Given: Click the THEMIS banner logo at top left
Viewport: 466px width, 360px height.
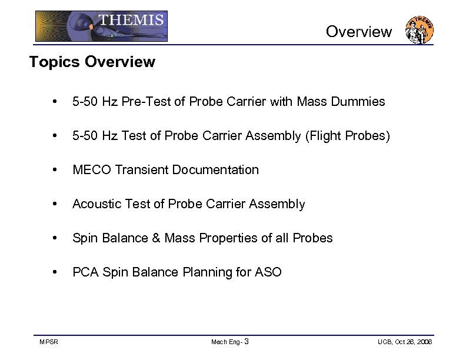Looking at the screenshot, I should (101, 26).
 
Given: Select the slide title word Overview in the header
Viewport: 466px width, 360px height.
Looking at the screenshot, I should (358, 32).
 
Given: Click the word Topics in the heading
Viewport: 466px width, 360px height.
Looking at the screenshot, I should (55, 62).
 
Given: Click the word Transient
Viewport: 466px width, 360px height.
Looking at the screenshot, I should (141, 170).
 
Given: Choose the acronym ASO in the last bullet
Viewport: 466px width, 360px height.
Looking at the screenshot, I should (268, 272).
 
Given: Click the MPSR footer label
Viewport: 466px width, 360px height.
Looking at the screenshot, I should (48, 342).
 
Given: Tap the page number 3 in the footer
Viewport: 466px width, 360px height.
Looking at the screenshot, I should (246, 342).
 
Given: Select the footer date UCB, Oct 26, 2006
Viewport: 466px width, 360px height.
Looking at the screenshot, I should (405, 342).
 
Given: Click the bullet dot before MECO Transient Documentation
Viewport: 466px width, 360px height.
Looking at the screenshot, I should (55, 171).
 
